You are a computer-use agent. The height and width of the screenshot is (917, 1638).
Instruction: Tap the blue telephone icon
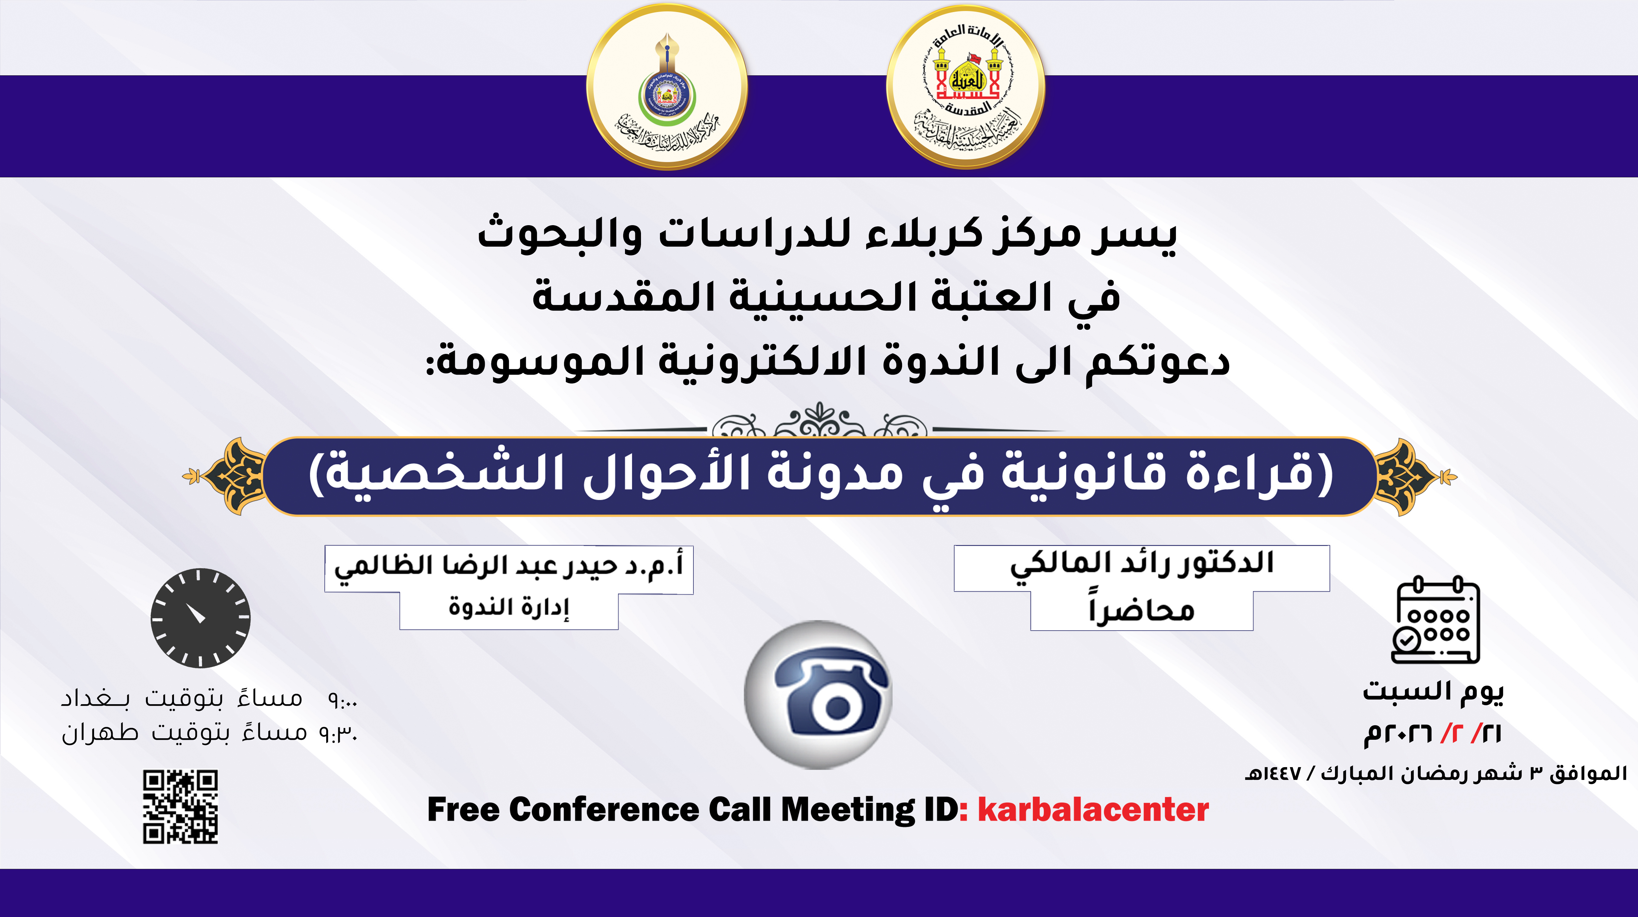[x=818, y=695]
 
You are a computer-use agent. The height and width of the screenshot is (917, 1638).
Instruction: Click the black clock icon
[x=200, y=617]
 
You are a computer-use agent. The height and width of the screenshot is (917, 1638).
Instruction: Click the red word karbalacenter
[x=1092, y=809]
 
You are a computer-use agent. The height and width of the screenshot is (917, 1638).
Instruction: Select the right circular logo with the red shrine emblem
[x=965, y=87]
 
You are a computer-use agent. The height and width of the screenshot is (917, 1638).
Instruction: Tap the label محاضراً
[x=1141, y=610]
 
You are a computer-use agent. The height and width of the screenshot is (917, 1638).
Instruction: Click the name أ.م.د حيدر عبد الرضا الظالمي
[x=509, y=566]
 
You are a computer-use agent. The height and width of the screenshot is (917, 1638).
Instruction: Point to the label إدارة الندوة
[x=509, y=607]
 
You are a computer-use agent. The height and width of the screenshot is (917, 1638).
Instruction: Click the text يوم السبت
[x=1433, y=691]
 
